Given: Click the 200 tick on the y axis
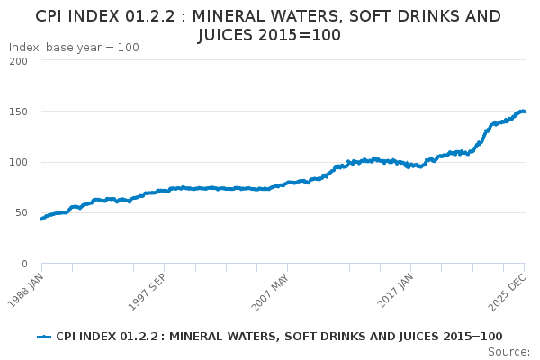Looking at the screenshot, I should coord(18,61).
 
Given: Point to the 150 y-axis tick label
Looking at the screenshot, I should coord(18,112).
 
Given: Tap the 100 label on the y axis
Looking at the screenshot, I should coord(18,162).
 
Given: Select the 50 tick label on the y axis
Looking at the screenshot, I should coord(22,213).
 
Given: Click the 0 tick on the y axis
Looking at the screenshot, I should coord(24,264).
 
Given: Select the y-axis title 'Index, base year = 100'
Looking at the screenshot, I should coord(74,48).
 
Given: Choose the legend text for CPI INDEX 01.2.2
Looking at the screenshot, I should coord(279,337).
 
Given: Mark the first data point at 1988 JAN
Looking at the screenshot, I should coord(41,219).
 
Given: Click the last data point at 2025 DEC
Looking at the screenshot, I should coord(525,112).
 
